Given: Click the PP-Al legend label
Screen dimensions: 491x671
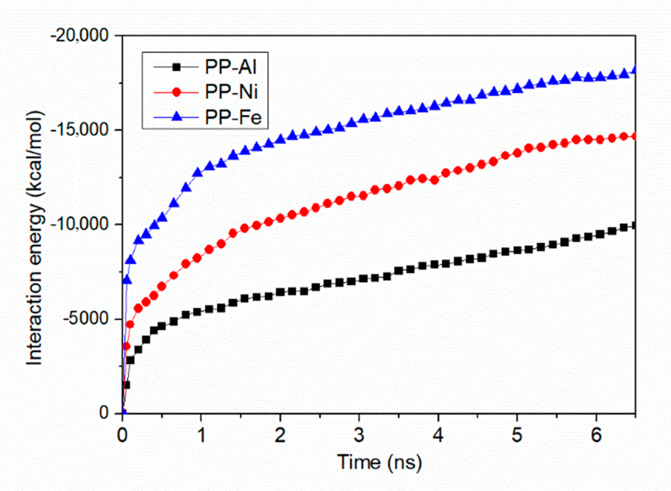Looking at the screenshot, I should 231,67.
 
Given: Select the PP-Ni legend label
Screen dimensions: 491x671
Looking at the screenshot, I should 231,92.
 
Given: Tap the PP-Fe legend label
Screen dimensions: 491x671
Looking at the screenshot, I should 233,117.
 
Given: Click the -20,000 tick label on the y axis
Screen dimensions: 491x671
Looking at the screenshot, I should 80,36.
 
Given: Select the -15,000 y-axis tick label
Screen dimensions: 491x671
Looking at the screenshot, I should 80,130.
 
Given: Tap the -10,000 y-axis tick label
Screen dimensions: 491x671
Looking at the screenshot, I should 80,224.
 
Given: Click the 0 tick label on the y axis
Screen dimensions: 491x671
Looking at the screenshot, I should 104,412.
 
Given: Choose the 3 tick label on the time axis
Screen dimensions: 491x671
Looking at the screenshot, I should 359,436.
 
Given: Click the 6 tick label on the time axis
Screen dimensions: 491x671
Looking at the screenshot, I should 596,436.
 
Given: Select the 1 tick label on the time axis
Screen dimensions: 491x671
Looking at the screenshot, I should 201,436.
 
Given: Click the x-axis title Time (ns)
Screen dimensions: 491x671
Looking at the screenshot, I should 379,462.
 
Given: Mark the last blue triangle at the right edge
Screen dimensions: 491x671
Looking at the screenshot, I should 634,69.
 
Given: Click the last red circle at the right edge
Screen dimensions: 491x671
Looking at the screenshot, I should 634,136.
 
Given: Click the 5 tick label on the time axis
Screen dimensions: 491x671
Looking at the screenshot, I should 517,436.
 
